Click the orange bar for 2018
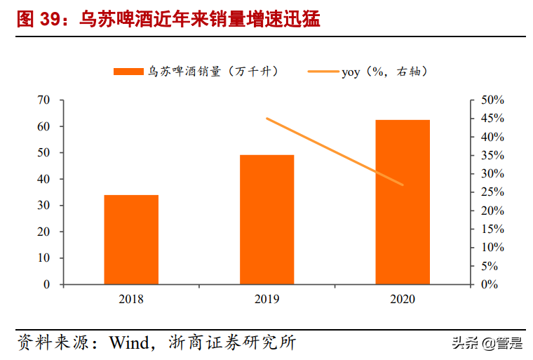(x=131, y=239)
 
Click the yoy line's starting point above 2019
(x=267, y=119)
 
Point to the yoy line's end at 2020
(x=403, y=185)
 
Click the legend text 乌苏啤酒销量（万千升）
(x=213, y=71)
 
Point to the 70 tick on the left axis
(x=43, y=100)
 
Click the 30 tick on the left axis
(x=43, y=206)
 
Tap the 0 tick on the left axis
(x=47, y=284)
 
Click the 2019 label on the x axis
(x=267, y=300)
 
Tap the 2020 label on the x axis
(x=403, y=300)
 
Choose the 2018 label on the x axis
(x=131, y=300)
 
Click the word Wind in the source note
(x=128, y=342)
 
